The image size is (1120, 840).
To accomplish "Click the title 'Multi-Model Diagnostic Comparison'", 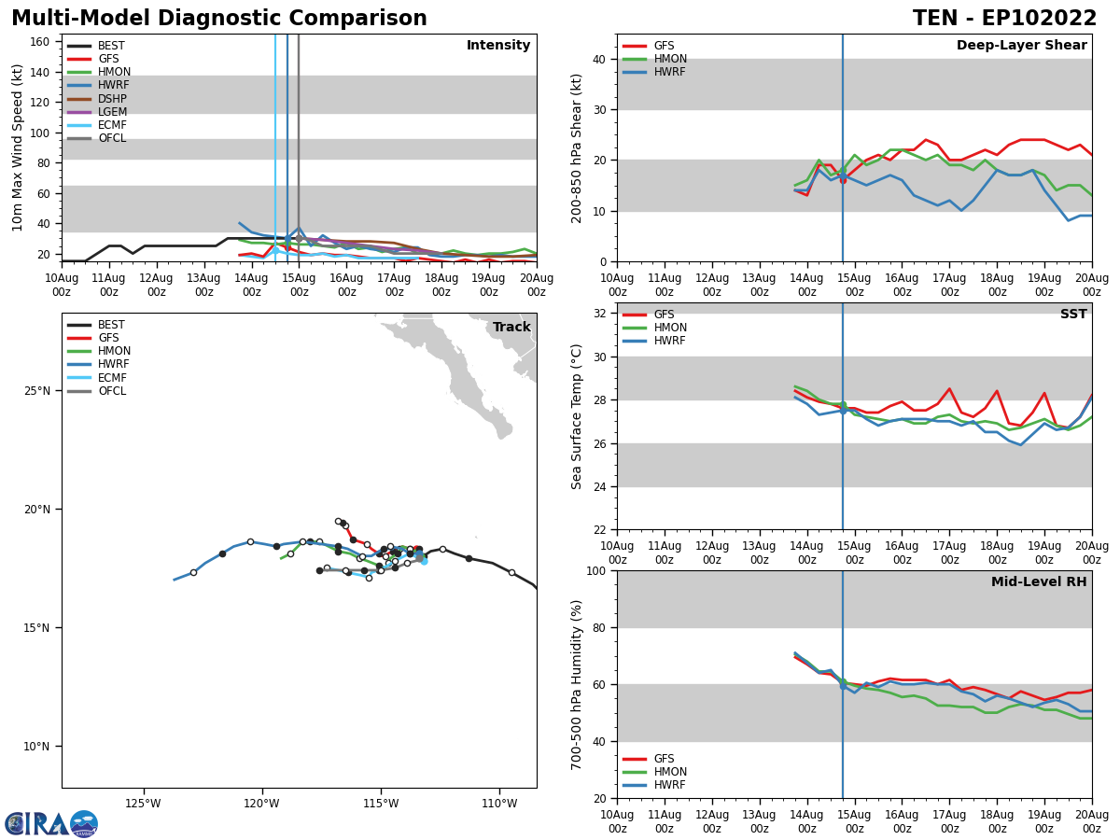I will [x=219, y=19].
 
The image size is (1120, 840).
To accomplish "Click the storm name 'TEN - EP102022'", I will [x=1004, y=19].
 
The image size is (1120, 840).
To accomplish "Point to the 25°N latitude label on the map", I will [x=38, y=390].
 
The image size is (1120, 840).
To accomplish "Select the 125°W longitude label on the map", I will [x=143, y=803].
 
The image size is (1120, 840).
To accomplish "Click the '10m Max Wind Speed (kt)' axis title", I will [x=18, y=147].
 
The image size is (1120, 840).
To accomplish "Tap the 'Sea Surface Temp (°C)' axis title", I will [x=577, y=416].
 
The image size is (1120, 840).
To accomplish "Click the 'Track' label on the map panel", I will [x=511, y=328].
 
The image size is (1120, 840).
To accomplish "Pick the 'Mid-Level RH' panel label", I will [x=1038, y=582].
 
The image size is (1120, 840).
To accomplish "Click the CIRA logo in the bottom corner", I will [x=51, y=824].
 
